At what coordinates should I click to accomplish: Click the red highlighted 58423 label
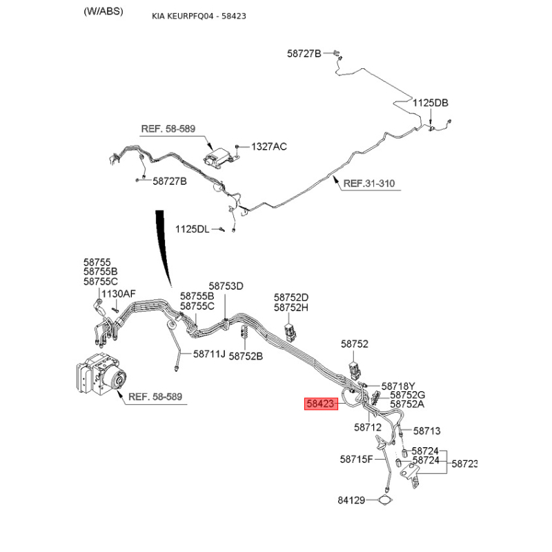[x=321, y=404]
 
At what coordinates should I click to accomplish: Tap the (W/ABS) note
[x=103, y=12]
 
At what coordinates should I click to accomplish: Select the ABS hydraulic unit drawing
[x=101, y=374]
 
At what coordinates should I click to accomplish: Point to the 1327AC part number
[x=269, y=146]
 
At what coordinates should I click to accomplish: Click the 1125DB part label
[x=430, y=103]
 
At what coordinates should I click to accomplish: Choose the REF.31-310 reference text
[x=369, y=184]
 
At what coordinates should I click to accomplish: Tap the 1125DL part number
[x=193, y=229]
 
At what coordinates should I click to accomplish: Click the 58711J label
[x=209, y=354]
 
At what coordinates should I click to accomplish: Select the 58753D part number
[x=226, y=286]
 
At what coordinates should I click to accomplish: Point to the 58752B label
[x=246, y=356]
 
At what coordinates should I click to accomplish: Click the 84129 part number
[x=351, y=500]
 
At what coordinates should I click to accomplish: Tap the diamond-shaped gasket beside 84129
[x=385, y=500]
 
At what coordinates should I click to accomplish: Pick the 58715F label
[x=356, y=460]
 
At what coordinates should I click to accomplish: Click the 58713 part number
[x=426, y=431]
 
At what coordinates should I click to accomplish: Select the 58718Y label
[x=398, y=386]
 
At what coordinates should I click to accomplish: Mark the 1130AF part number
[x=119, y=294]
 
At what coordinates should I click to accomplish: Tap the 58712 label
[x=368, y=427]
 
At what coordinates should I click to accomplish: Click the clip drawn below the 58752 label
[x=355, y=370]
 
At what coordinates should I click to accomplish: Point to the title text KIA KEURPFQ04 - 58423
[x=199, y=16]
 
